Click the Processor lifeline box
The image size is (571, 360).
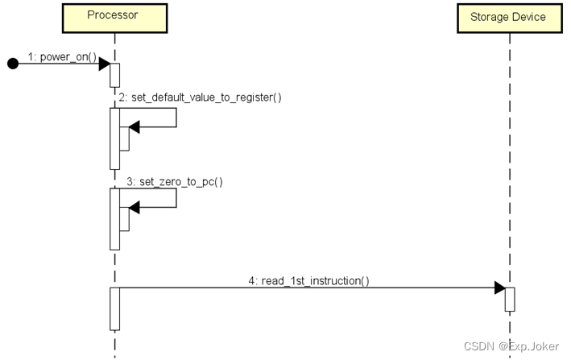coord(114,17)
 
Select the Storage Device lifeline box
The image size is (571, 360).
coord(507,17)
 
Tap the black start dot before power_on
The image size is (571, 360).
coord(12,64)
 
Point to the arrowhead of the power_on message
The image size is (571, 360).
coord(104,64)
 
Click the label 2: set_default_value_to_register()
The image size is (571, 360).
coord(200,97)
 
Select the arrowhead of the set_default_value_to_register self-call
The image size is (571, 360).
coord(134,126)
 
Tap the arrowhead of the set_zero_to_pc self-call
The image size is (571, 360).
coord(134,208)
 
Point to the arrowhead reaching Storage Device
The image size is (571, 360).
coord(499,288)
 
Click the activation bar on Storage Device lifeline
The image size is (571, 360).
coord(509,299)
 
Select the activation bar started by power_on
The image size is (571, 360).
coord(114,74)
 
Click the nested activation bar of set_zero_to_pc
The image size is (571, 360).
coord(124,219)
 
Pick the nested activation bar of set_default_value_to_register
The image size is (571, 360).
coord(124,139)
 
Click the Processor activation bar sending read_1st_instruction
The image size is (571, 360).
coord(114,308)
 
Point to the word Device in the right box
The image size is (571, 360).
coord(529,17)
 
